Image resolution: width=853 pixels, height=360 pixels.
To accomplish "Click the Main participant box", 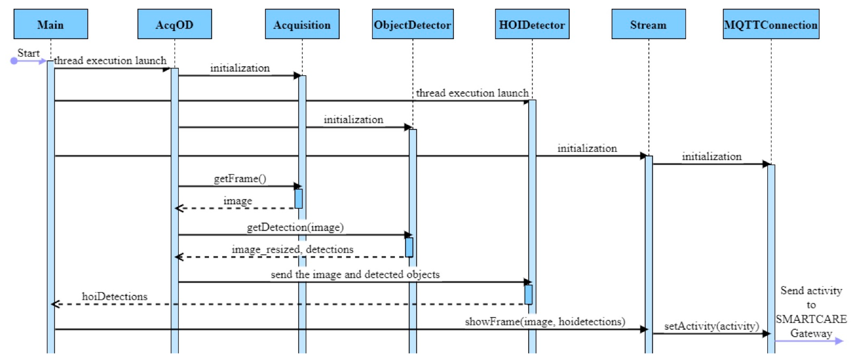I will [51, 24].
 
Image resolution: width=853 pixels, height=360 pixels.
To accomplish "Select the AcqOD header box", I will [174, 24].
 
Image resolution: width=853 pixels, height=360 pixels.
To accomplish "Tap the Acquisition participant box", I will [302, 24].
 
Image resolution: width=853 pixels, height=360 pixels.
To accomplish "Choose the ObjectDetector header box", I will [413, 24].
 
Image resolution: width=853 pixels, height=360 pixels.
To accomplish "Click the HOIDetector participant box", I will [532, 24].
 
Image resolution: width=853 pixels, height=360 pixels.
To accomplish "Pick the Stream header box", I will [648, 24].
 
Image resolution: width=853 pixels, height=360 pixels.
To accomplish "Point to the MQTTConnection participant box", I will [771, 24].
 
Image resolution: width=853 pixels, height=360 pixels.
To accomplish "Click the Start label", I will [28, 53].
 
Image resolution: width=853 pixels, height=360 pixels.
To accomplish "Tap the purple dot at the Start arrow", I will [14, 61].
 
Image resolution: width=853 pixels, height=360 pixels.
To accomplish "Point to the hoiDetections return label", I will [115, 296].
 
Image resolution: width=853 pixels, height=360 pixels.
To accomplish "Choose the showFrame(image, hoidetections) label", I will [545, 322].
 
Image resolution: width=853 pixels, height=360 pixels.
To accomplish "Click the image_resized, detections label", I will [292, 249].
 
